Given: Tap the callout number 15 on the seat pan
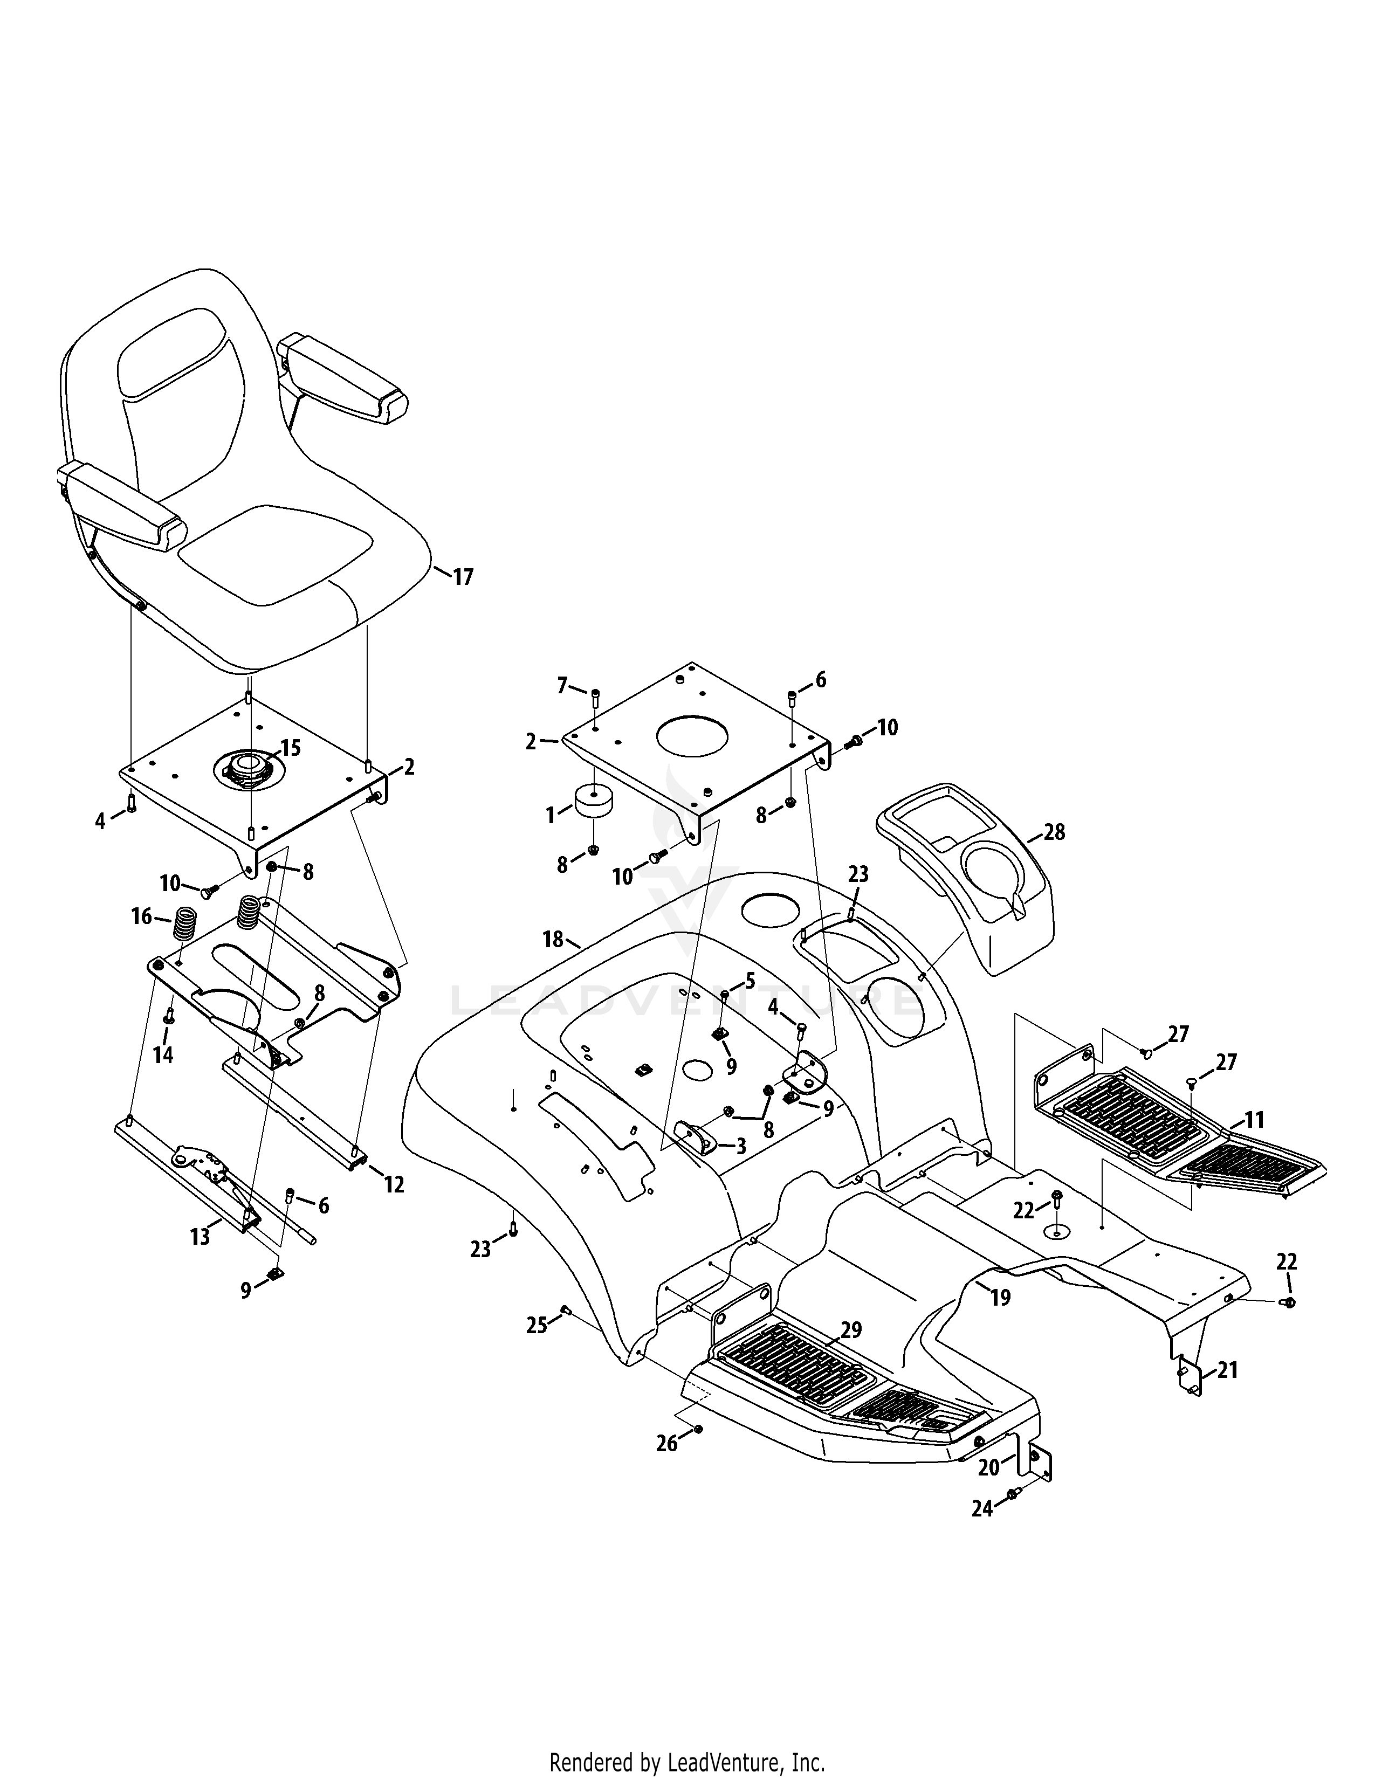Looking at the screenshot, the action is click(291, 748).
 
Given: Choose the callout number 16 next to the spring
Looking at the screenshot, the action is click(142, 917).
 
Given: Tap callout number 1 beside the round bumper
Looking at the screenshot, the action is click(551, 815).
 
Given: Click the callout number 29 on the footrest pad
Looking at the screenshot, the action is click(851, 1330).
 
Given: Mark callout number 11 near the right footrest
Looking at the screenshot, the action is click(1254, 1120).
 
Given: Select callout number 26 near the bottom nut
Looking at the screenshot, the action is click(667, 1443).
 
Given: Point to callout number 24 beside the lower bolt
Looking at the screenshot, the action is click(982, 1509).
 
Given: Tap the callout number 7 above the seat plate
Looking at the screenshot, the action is click(562, 686).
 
